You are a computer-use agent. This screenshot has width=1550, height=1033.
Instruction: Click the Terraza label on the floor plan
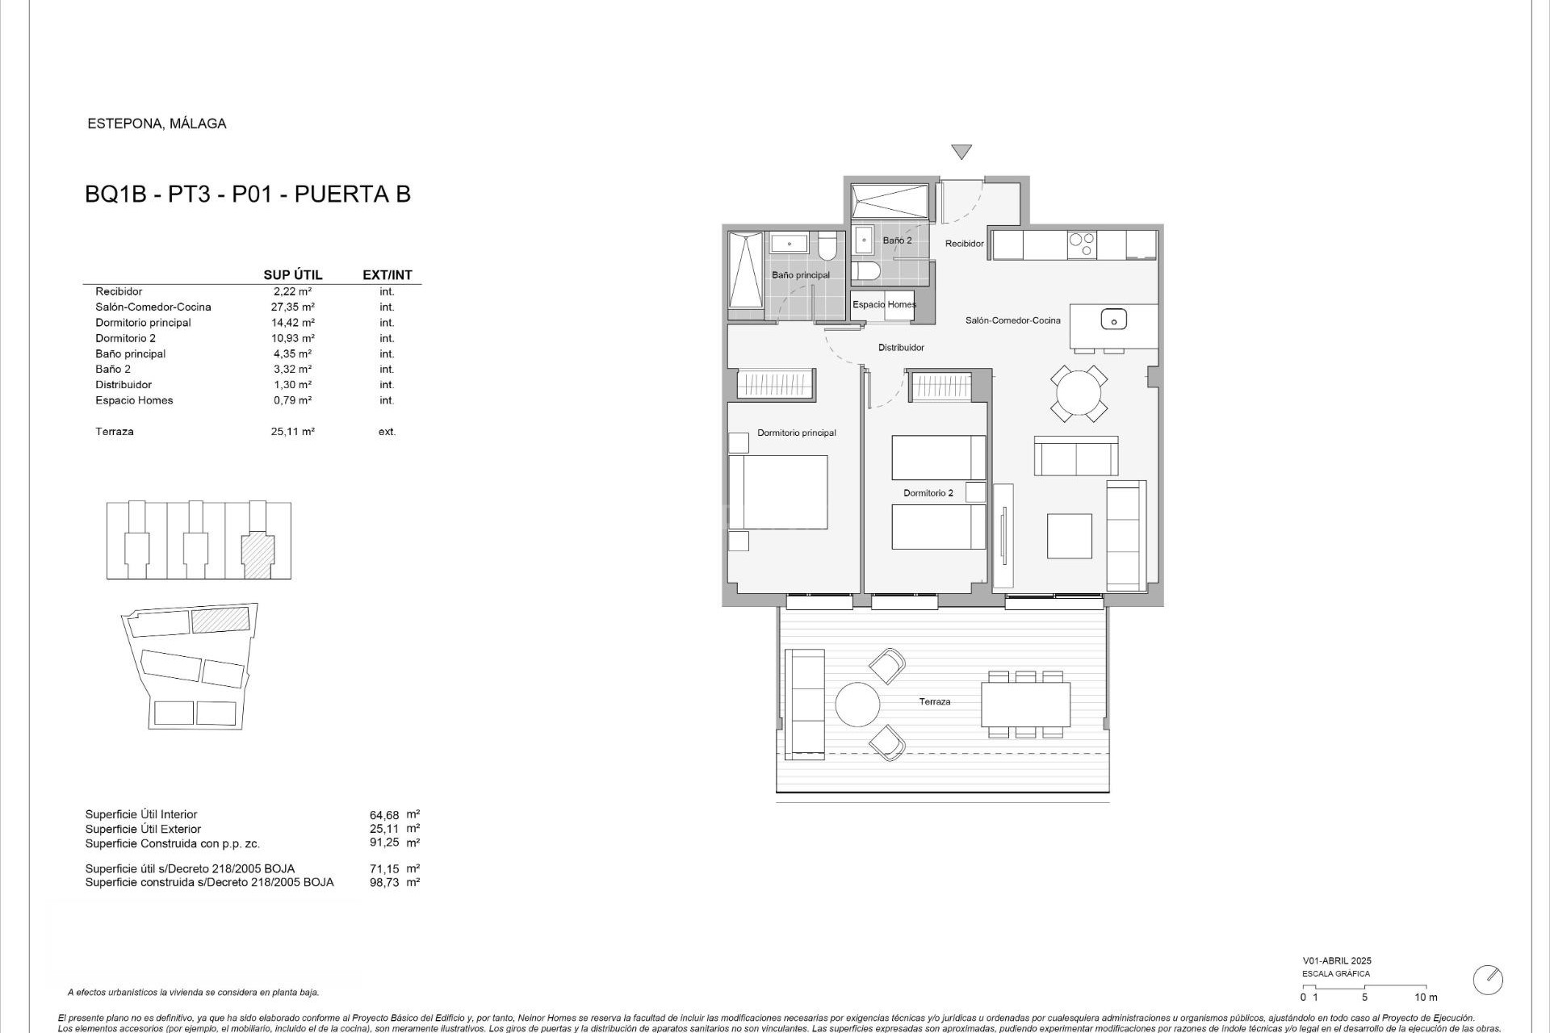(934, 702)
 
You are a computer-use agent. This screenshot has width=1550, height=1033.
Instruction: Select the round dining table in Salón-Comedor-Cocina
(1079, 394)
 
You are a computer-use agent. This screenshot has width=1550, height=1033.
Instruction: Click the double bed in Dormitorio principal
(778, 492)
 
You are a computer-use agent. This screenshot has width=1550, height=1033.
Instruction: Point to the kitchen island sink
(1113, 320)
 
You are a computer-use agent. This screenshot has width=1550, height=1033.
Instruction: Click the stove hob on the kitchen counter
(1082, 244)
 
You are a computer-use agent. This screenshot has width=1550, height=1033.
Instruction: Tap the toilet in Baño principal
(827, 246)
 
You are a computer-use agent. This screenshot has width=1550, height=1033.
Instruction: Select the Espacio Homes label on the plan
(884, 305)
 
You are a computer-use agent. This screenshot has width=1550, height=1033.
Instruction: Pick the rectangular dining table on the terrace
(1025, 704)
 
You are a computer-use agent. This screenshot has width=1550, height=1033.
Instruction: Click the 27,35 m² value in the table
(292, 307)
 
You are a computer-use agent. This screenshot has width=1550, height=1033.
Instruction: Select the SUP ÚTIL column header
(292, 275)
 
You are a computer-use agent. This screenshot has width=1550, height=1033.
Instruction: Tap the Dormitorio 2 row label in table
(125, 338)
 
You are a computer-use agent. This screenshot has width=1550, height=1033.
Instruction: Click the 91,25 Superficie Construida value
(384, 843)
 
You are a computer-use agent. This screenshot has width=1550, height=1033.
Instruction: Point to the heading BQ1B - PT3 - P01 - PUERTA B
(248, 194)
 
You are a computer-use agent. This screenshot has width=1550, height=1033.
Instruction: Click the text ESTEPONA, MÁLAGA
(157, 124)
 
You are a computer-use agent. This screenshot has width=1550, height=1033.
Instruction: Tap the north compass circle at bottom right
(1488, 980)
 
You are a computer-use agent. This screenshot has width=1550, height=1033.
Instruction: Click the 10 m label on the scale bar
(1426, 997)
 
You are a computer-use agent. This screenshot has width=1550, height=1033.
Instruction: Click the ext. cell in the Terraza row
(387, 432)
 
